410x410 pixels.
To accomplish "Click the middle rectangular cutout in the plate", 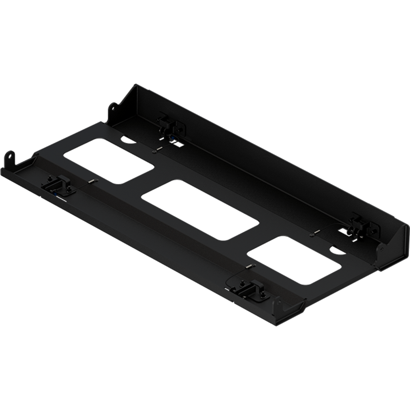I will [200, 210].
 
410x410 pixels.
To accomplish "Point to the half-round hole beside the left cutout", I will [127, 140].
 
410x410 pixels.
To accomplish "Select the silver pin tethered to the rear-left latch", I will [157, 150].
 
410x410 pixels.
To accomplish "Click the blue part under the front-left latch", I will [54, 192].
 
